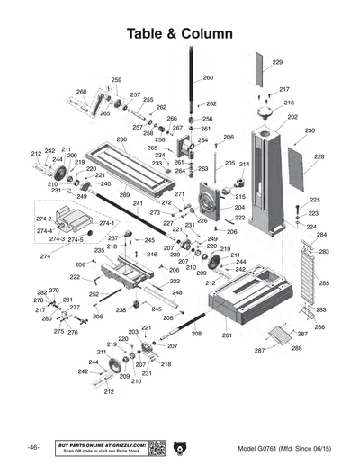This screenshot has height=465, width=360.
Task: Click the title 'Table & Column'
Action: (x=180, y=33)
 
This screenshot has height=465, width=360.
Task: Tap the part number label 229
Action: (x=277, y=62)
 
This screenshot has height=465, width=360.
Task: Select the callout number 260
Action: (x=208, y=78)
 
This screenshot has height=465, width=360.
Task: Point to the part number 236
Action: (x=121, y=139)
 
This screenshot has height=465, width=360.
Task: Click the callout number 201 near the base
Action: (x=227, y=335)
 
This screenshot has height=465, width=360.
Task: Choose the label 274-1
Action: (x=105, y=223)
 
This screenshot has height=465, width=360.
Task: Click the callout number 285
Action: (x=323, y=283)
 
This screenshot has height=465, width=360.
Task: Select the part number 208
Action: (x=196, y=334)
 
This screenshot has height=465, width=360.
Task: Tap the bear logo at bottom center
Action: (x=179, y=448)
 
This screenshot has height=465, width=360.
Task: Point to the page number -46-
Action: (x=32, y=448)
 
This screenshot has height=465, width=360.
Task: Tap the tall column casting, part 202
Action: (x=270, y=180)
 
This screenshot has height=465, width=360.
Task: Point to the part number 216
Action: (x=288, y=103)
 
